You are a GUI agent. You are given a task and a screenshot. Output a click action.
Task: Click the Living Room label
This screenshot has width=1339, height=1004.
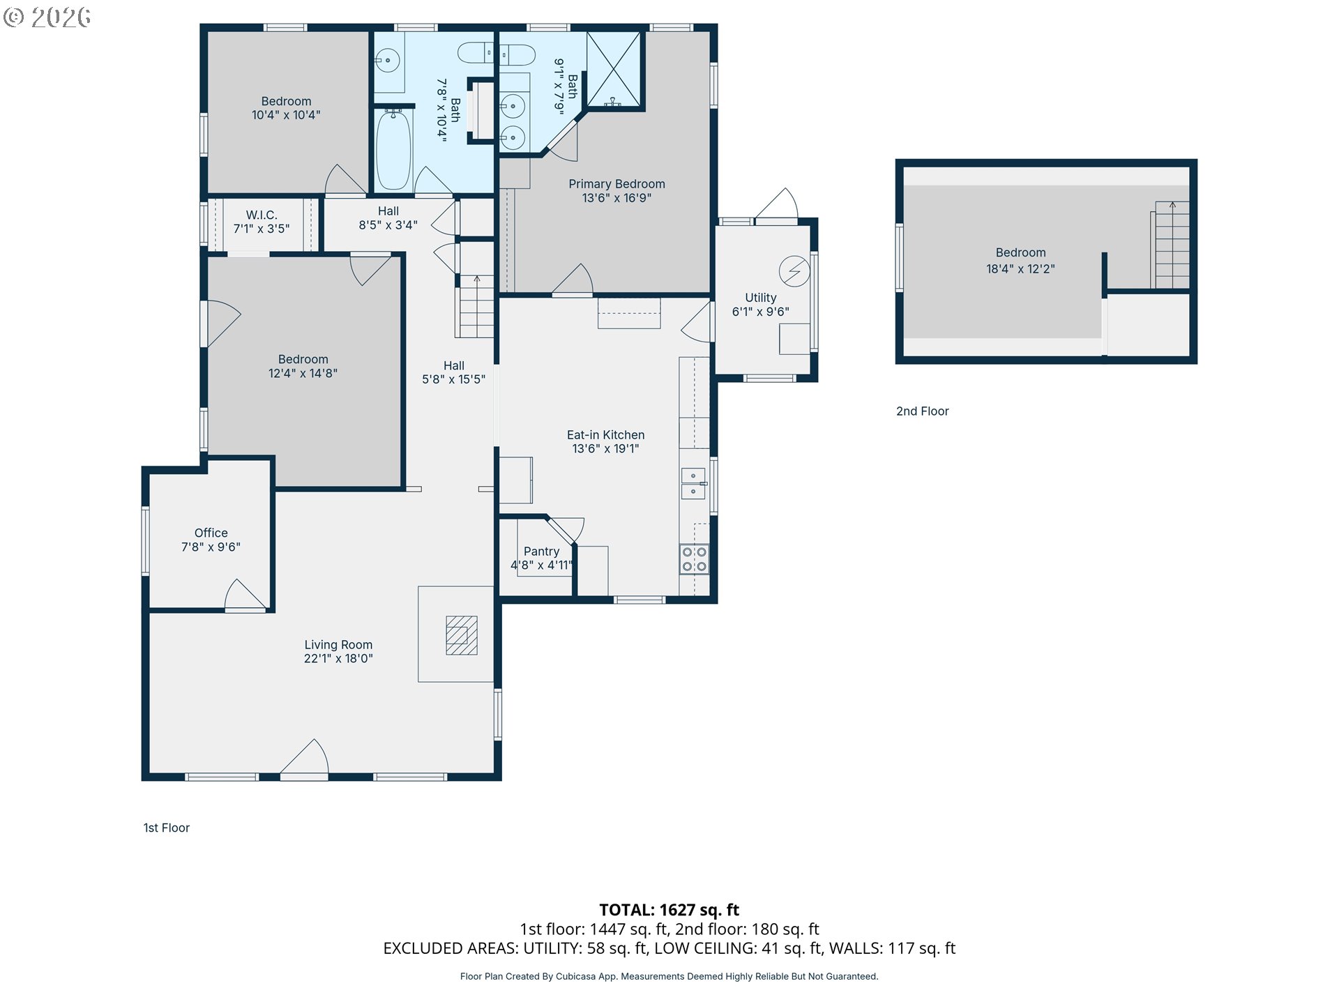[x=338, y=645]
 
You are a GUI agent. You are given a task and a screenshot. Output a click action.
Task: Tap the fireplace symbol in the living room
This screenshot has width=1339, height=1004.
[x=462, y=635]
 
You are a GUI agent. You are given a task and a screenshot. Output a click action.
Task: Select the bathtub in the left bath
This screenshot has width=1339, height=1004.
[x=393, y=150]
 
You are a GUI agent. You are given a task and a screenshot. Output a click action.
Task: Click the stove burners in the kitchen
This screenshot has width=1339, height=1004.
[x=694, y=559]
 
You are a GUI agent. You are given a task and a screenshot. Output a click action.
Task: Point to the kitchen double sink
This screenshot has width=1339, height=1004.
[x=693, y=484]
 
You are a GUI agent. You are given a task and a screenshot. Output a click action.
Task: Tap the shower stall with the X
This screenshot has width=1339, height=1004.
[x=614, y=69]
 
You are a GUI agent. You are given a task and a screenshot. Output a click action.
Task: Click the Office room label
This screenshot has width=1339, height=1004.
[x=211, y=533]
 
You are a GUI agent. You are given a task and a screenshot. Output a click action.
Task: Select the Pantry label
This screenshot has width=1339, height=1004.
[x=542, y=552]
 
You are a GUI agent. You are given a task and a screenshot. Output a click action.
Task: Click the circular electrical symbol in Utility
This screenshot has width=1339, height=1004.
[x=794, y=271]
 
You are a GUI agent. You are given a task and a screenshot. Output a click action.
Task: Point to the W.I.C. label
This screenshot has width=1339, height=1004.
[x=262, y=215]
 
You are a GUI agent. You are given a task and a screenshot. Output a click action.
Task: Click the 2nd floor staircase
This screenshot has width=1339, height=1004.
[x=1171, y=245]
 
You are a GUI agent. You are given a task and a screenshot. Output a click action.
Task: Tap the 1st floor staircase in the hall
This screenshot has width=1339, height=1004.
[x=476, y=306]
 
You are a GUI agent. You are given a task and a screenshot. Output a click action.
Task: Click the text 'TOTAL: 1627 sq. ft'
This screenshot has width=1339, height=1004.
[x=669, y=910]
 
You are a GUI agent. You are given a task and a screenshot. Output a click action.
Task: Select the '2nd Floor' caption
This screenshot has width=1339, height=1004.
[x=923, y=411]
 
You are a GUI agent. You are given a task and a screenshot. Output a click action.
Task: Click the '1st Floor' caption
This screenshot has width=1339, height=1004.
[x=167, y=828]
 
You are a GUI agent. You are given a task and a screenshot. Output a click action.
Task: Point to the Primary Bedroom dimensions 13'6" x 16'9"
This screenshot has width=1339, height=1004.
[x=617, y=198]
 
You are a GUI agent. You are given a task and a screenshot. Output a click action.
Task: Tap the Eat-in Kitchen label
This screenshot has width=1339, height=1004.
[x=606, y=435]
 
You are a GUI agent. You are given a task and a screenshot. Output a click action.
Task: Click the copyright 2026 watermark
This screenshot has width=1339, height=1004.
[x=47, y=17]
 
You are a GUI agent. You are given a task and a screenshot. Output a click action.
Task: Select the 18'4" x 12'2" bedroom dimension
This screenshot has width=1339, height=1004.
[x=1020, y=269]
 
